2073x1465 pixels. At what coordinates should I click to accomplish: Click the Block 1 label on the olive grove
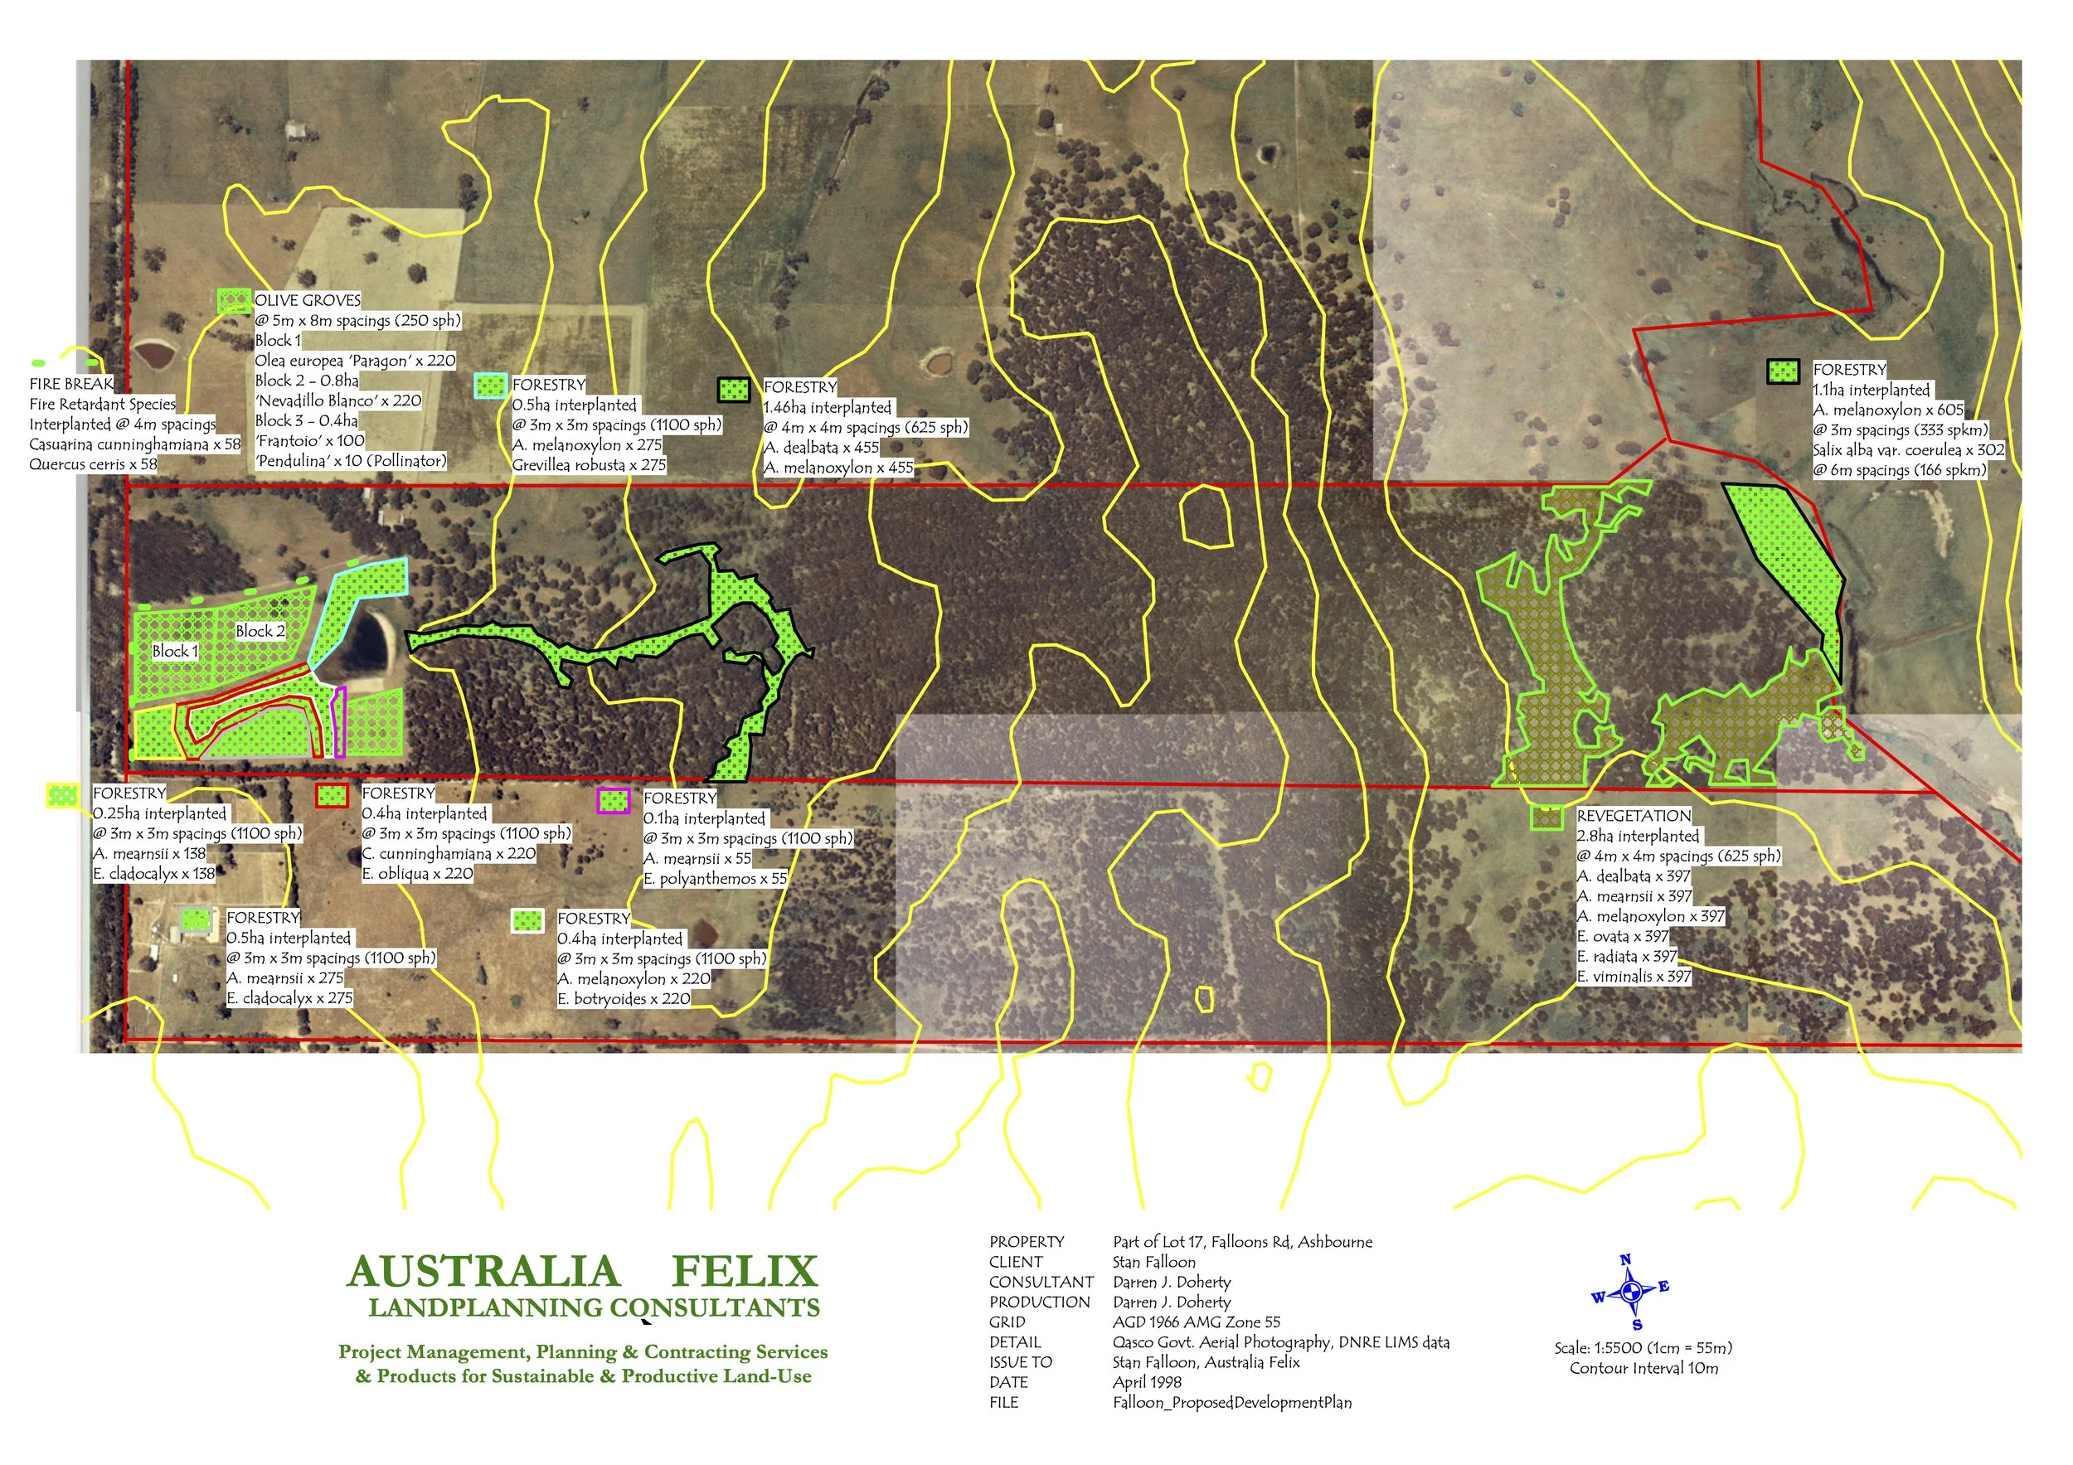174,651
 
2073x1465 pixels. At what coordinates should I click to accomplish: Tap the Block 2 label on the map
260,631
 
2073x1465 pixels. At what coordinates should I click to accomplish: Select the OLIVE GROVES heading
307,301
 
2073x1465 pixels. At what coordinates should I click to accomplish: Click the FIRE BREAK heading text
71,384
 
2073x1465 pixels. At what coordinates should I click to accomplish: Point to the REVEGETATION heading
1634,816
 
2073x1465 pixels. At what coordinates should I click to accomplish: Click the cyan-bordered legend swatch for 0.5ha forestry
490,386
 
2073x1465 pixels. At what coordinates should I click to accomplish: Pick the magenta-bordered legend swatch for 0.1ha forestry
613,801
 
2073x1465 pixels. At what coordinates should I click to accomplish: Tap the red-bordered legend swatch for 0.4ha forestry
332,795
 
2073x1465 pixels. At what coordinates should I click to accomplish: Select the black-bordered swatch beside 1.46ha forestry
733,390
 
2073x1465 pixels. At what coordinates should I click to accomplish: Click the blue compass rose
1629,1293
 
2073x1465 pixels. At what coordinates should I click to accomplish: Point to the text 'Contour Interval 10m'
1643,1369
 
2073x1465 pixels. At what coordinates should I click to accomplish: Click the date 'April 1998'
1147,1382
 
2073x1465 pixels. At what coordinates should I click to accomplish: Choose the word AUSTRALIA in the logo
483,1272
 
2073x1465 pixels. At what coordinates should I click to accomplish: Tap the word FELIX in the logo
745,1272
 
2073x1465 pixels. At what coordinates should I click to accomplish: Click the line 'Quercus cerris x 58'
93,465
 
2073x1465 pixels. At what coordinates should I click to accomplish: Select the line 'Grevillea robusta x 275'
589,466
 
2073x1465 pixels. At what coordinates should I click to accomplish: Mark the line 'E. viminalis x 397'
1634,977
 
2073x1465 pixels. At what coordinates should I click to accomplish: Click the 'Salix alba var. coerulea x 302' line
1908,450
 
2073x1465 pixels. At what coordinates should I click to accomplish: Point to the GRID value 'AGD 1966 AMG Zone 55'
1197,1322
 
